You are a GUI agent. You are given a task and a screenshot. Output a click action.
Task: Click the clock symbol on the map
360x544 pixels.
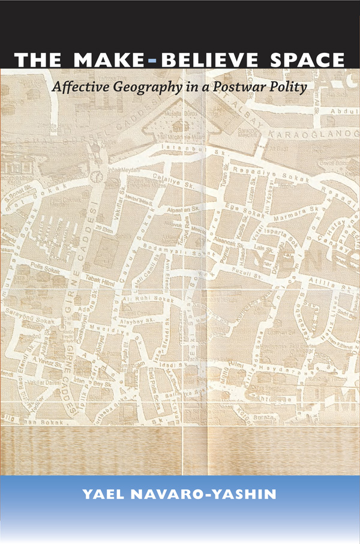(96, 177)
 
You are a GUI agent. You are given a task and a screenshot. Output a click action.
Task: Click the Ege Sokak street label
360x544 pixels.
(238, 214)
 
